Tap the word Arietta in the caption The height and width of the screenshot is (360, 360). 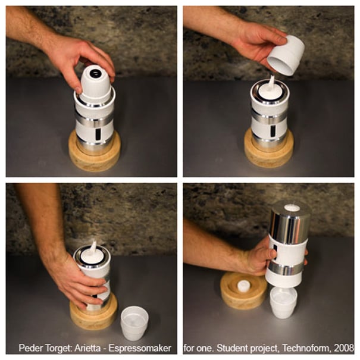tap(87, 348)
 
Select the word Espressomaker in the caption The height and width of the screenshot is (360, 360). tap(140, 349)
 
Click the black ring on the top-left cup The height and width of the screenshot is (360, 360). tap(95, 73)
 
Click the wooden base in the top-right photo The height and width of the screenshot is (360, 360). tap(268, 149)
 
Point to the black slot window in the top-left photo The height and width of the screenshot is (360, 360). tap(98, 134)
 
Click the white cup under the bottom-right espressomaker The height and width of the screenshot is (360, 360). tap(284, 303)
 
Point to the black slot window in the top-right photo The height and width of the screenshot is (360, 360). tap(273, 132)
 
